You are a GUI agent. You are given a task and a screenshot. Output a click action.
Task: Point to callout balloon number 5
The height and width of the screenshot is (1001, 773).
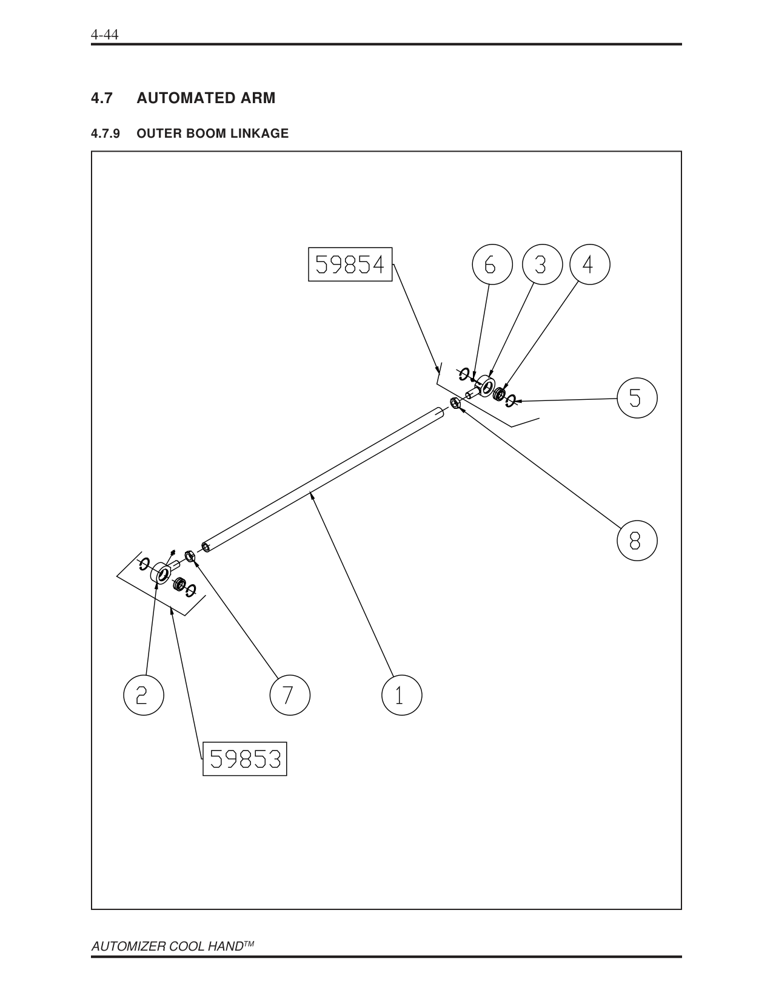pos(637,398)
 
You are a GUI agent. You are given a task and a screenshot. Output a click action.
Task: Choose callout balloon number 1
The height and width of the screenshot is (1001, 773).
pos(401,695)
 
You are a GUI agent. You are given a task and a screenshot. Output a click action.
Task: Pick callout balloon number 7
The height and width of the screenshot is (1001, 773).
pos(289,695)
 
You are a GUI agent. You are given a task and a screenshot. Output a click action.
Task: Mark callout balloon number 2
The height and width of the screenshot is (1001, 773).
pos(143,695)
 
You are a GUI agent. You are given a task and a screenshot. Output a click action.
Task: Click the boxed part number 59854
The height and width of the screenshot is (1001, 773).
pos(350,265)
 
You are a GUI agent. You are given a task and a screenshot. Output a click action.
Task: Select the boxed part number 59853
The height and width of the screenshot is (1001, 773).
pos(244,758)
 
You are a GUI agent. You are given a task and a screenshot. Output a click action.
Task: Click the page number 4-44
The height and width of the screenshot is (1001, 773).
pos(104,35)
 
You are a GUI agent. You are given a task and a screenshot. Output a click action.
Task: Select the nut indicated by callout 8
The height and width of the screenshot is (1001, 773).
pos(455,403)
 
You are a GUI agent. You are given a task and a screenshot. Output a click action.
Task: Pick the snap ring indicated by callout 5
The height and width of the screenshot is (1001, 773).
pos(511,399)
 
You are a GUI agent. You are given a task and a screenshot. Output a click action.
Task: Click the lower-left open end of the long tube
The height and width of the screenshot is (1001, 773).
pos(206,547)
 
